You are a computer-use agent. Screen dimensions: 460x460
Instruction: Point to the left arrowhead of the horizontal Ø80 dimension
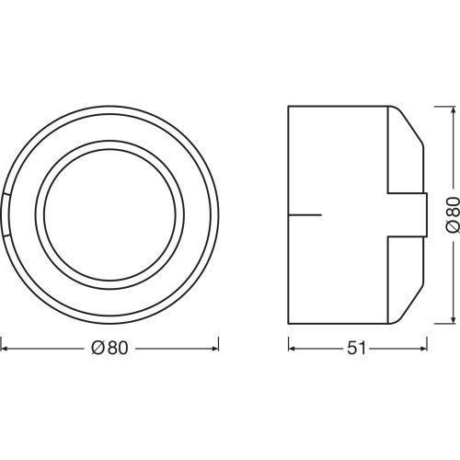pyautogui.click(x=5, y=349)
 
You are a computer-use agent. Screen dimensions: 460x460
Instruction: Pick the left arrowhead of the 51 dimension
pyautogui.click(x=293, y=349)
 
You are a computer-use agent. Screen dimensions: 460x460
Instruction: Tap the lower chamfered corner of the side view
pyautogui.click(x=409, y=305)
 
